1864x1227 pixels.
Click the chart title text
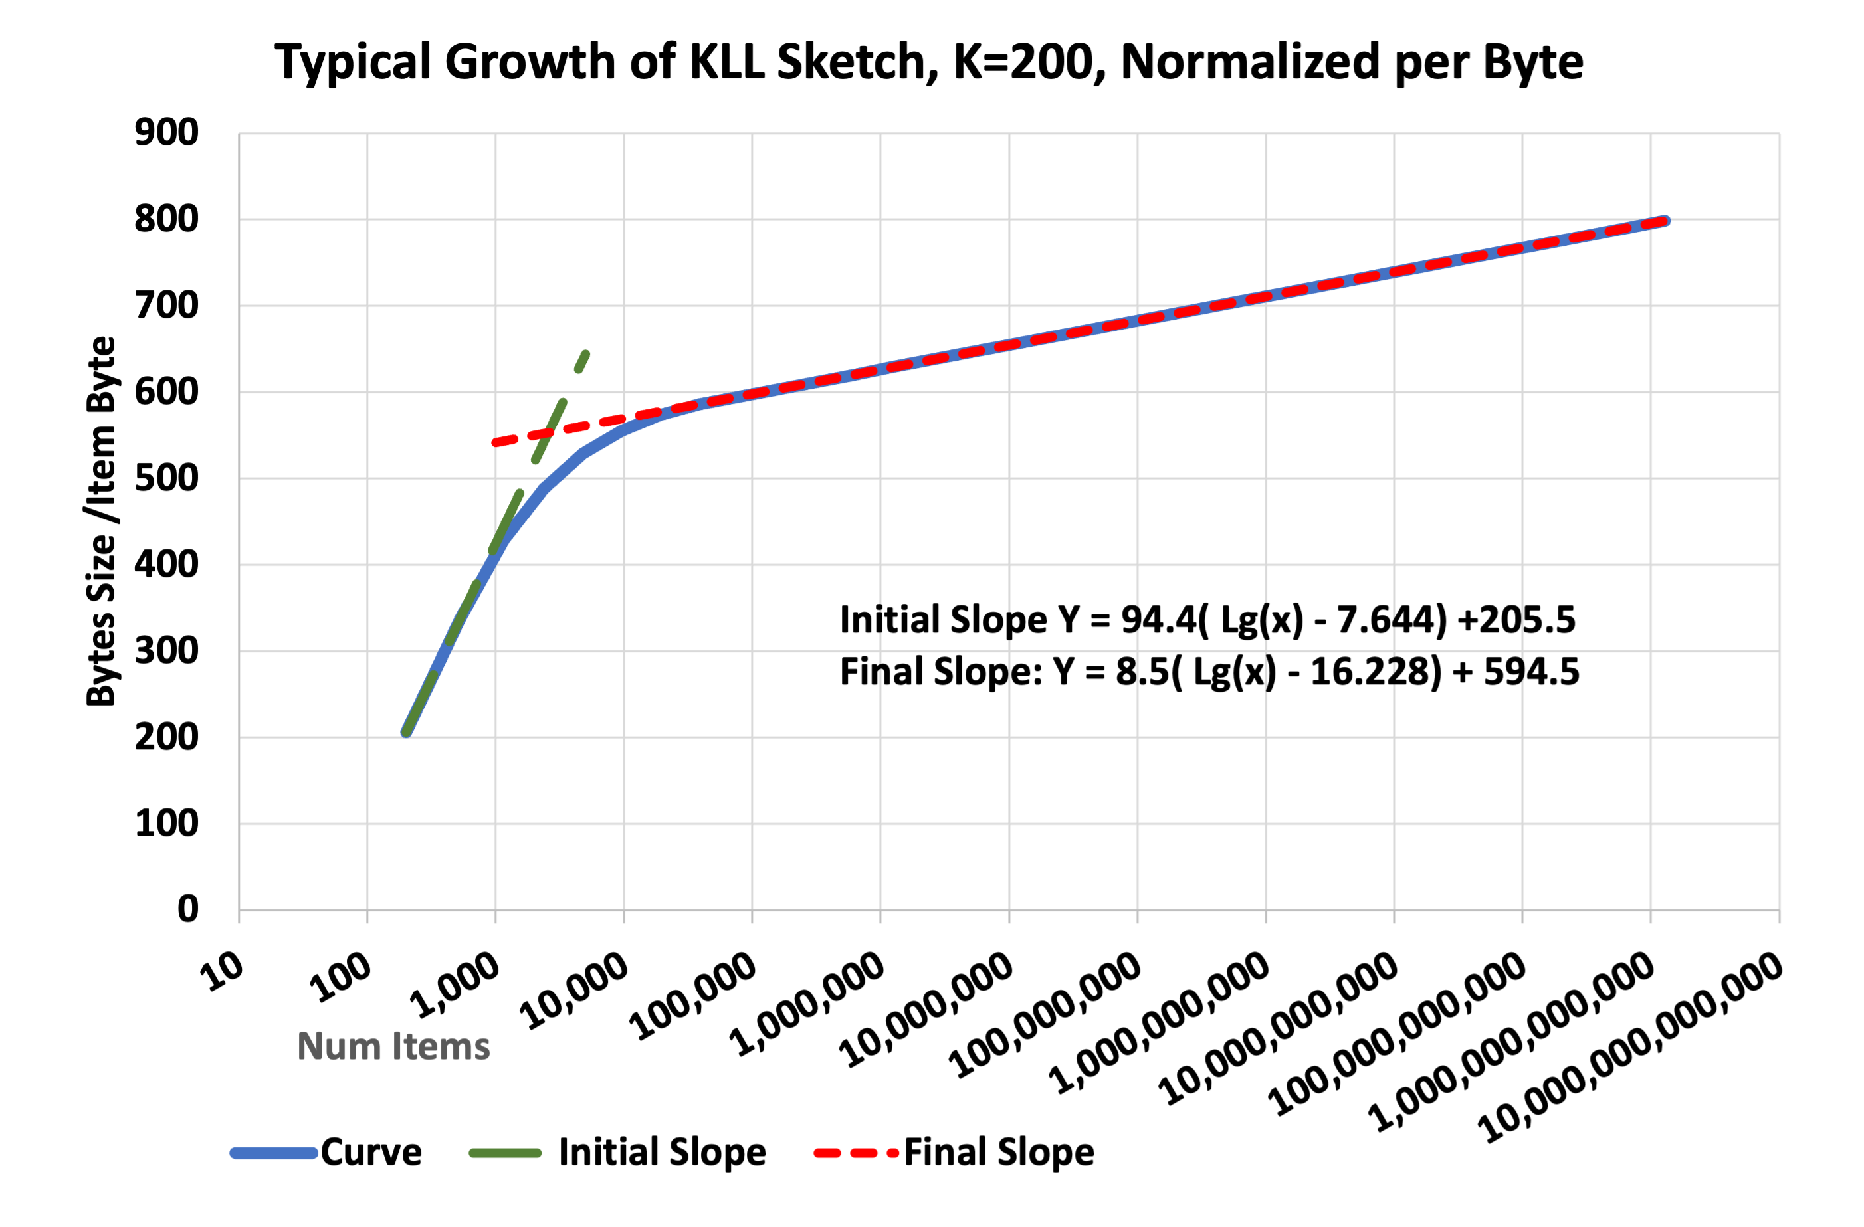pos(929,62)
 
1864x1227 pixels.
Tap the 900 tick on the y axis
pos(166,132)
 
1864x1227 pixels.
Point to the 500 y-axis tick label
pos(166,478)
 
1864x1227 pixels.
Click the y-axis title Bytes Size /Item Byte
pos(101,521)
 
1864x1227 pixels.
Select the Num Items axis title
pos(393,1047)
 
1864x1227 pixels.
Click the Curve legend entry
pos(370,1152)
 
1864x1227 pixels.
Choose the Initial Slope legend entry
pos(662,1152)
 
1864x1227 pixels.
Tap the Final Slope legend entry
pos(999,1152)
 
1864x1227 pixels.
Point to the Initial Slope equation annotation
pos(1207,619)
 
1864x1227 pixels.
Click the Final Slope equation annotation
pos(1209,672)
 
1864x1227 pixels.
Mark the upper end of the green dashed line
pos(587,354)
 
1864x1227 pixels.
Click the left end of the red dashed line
pos(495,443)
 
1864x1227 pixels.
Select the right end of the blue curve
pos(1666,221)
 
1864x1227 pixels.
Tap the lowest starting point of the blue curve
pos(405,733)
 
